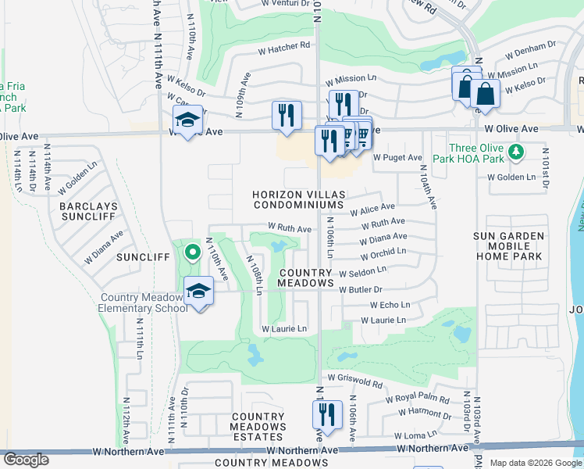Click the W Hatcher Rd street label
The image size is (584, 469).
pos(284,48)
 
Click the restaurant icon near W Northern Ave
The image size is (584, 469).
pos(327,414)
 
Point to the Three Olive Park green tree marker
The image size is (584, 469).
pos(515,150)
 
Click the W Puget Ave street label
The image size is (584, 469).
pos(397,157)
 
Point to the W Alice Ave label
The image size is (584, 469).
pos(372,209)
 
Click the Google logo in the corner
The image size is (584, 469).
pos(26,460)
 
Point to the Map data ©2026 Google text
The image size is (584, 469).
pos(535,463)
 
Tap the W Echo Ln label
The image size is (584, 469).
pos(390,305)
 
